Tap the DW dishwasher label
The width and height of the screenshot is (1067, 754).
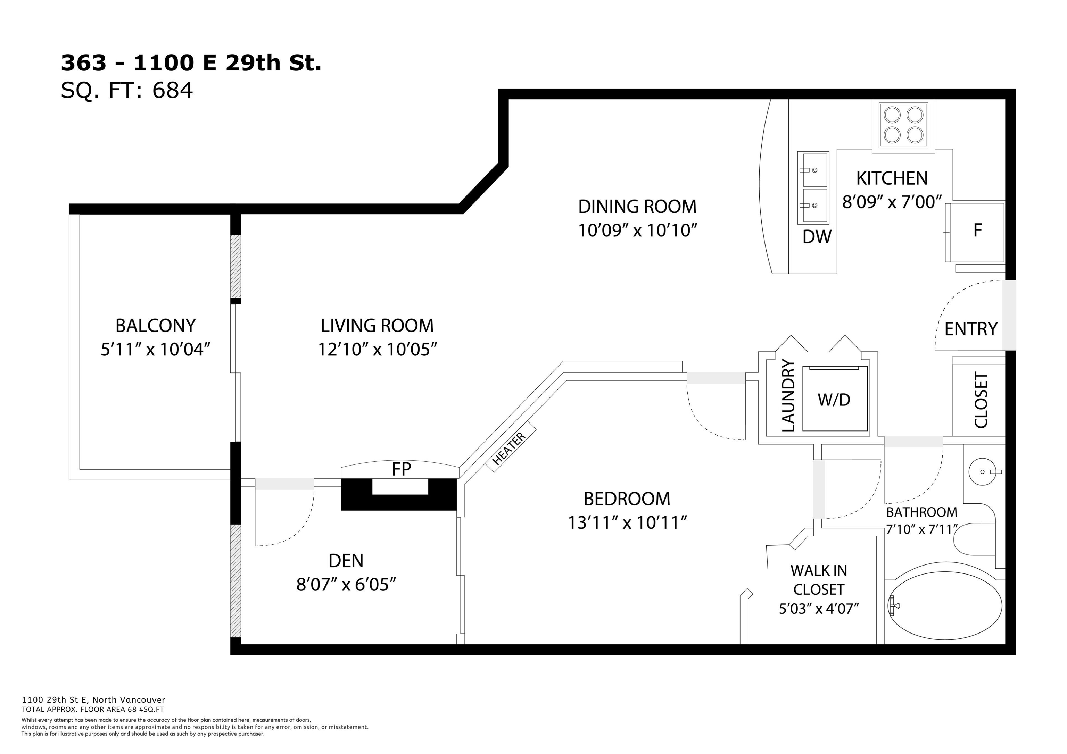point(817,237)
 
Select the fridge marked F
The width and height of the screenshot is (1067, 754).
point(975,232)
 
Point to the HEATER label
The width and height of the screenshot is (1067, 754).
point(509,448)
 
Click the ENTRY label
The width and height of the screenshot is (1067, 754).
point(970,329)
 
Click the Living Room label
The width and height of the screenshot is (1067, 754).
point(377,326)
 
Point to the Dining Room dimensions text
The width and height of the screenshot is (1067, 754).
point(638,231)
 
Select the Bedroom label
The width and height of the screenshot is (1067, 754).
point(627,499)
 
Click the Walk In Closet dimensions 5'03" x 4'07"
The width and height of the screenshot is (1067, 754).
point(819,609)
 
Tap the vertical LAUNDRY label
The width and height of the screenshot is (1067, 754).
point(789,395)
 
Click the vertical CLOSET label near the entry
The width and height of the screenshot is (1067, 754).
point(981,400)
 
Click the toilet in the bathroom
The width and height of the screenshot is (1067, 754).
point(974,540)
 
